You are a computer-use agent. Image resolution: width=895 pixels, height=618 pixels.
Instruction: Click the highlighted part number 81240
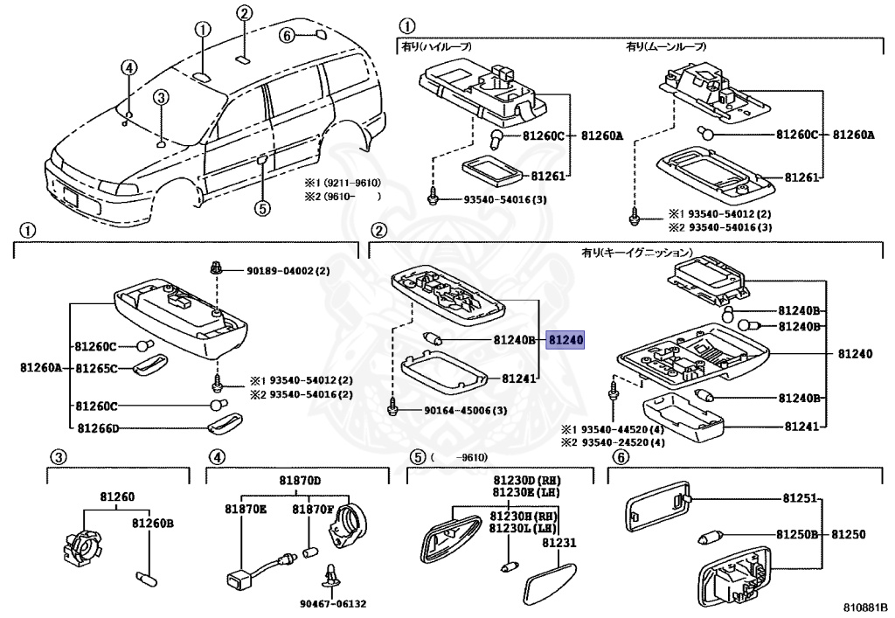coord(565,341)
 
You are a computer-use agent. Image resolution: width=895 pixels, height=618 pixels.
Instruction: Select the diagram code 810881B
coord(864,606)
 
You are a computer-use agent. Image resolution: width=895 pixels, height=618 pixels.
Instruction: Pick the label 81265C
coord(96,368)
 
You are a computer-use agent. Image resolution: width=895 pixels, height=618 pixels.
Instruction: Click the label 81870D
coord(301,481)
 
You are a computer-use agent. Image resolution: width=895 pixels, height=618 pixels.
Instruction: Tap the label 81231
coord(559,543)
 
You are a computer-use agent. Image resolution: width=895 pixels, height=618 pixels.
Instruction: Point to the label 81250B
coord(796,533)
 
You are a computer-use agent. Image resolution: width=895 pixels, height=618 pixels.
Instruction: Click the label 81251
coord(798,498)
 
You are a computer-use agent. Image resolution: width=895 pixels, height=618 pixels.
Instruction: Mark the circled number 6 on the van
coord(285,35)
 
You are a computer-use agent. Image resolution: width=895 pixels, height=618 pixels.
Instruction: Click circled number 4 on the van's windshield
coord(128,67)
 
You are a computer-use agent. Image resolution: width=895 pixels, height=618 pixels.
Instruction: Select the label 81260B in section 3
coord(153,524)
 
